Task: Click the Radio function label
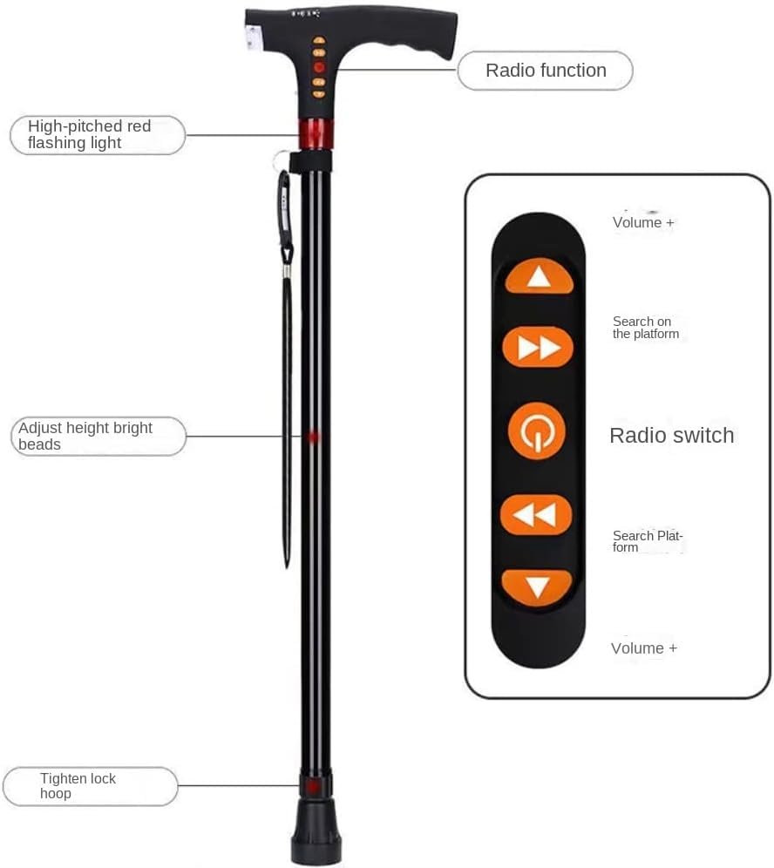click(546, 71)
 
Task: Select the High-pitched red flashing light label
click(89, 134)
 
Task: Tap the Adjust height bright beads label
click(85, 436)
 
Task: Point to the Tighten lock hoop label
click(78, 785)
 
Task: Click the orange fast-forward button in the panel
click(538, 349)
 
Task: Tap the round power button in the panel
click(537, 431)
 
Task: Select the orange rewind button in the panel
click(536, 514)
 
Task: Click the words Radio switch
click(671, 436)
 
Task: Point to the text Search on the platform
click(645, 328)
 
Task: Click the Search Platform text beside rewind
click(646, 541)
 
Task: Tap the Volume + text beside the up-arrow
click(643, 222)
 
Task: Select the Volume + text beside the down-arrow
click(643, 648)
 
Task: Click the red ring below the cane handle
click(315, 134)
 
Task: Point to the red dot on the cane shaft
click(314, 436)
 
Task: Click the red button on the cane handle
click(319, 67)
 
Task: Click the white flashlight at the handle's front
click(254, 36)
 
